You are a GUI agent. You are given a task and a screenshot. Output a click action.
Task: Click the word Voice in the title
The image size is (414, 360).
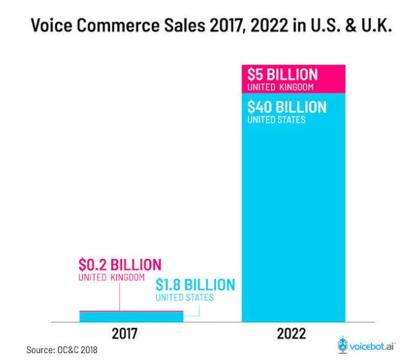pyautogui.click(x=52, y=26)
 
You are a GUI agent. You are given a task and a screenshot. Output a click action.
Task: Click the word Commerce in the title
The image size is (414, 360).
pyautogui.click(x=118, y=26)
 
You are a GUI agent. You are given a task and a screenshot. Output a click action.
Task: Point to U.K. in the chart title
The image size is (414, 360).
pyautogui.click(x=376, y=26)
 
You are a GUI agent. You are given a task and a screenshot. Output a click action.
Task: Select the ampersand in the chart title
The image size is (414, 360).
pyautogui.click(x=351, y=26)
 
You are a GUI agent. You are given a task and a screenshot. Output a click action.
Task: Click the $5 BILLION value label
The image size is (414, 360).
pyautogui.click(x=282, y=75)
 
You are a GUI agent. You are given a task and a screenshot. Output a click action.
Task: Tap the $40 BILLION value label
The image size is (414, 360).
pyautogui.click(x=287, y=107)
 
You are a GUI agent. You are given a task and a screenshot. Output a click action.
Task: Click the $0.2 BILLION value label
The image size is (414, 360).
pyautogui.click(x=120, y=265)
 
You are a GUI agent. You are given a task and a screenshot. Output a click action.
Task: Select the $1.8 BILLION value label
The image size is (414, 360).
pyautogui.click(x=195, y=285)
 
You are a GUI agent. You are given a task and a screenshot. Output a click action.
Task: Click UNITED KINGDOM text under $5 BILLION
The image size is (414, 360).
pyautogui.click(x=280, y=87)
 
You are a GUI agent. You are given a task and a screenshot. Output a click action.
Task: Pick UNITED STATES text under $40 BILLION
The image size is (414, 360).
pyautogui.click(x=277, y=120)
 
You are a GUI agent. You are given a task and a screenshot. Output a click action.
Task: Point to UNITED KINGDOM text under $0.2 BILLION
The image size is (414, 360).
pyautogui.click(x=112, y=278)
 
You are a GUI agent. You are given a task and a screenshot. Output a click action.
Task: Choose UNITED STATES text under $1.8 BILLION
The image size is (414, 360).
pyautogui.click(x=185, y=297)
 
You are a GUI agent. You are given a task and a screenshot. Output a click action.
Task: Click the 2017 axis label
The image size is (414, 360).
pyautogui.click(x=125, y=334)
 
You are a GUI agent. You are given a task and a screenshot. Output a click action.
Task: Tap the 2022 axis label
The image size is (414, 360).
pyautogui.click(x=291, y=334)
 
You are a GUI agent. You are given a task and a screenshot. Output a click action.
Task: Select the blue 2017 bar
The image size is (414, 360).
pyautogui.click(x=131, y=317)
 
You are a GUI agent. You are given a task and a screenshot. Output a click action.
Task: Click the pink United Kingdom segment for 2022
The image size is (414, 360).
pyautogui.click(x=294, y=79)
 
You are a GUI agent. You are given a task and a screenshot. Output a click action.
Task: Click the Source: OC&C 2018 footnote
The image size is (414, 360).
pyautogui.click(x=62, y=350)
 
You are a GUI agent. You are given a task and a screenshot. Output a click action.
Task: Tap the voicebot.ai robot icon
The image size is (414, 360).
pyautogui.click(x=342, y=345)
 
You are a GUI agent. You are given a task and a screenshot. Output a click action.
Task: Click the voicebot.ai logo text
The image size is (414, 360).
pyautogui.click(x=372, y=347)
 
